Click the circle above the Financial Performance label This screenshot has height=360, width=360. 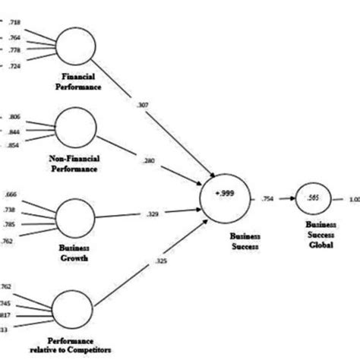pyautogui.click(x=76, y=46)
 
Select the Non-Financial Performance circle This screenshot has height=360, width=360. pyautogui.click(x=76, y=127)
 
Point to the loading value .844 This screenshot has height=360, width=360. pyautogui.click(x=14, y=131)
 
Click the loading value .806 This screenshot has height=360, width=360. pyautogui.click(x=14, y=118)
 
